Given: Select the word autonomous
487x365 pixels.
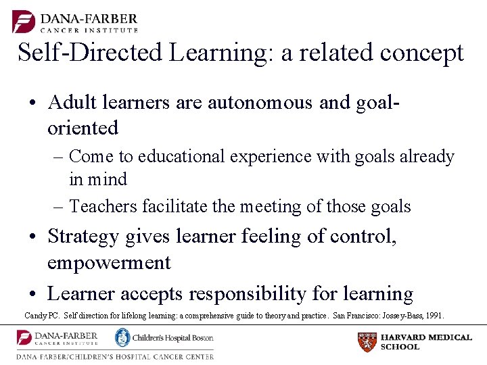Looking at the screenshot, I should click(x=260, y=102).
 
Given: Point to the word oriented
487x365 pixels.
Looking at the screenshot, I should click(x=83, y=128).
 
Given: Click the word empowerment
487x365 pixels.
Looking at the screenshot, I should click(x=109, y=262).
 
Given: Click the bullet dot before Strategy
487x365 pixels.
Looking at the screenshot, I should click(x=33, y=237).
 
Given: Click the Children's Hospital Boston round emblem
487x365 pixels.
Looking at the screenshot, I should click(x=122, y=337).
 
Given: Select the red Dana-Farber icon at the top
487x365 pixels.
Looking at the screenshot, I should click(x=24, y=21).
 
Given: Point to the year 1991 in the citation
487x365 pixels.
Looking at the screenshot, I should click(x=434, y=315).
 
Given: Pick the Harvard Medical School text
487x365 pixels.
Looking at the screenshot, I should click(x=426, y=342).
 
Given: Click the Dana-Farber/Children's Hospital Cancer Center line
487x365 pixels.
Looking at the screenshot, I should click(x=115, y=356).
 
